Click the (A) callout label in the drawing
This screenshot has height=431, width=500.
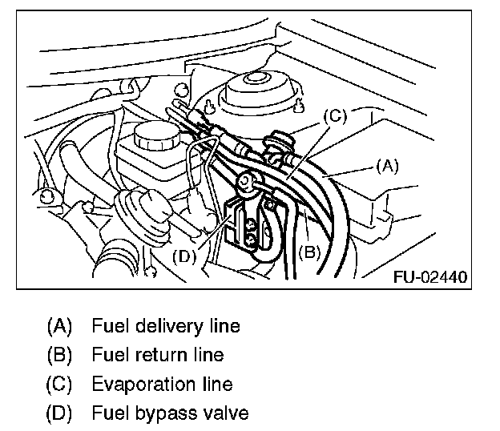(x=386, y=167)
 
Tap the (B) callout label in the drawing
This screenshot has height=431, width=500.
(x=310, y=252)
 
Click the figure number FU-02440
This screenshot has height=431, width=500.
(x=430, y=278)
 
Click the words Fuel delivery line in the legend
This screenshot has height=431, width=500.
(x=166, y=326)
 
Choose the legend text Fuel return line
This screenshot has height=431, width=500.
(x=158, y=355)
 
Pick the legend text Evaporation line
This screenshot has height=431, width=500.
(x=162, y=385)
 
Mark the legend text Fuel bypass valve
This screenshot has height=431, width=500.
(x=170, y=414)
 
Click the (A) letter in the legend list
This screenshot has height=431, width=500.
(x=60, y=326)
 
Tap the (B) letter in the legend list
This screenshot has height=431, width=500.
(x=60, y=355)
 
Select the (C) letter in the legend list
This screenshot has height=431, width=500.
(x=60, y=385)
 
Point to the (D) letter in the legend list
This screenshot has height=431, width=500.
(x=60, y=414)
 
